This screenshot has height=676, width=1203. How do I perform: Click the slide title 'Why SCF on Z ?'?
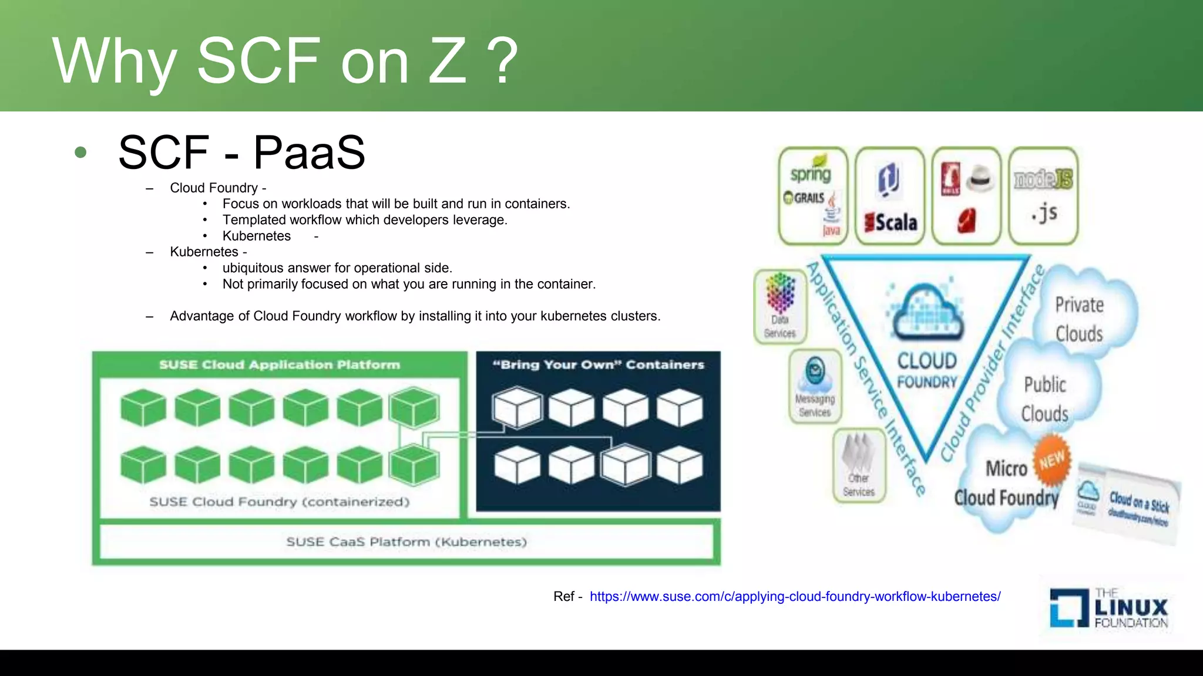click(285, 61)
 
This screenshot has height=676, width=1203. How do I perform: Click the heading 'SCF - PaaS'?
click(241, 153)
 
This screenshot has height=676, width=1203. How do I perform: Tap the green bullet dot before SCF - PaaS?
click(81, 153)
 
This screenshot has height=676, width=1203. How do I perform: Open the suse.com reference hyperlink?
click(795, 596)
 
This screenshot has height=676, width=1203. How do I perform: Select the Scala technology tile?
click(890, 197)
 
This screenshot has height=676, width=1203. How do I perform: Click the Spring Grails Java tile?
click(813, 197)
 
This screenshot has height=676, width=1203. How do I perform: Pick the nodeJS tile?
click(1043, 197)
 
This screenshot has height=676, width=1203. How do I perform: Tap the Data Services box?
click(780, 307)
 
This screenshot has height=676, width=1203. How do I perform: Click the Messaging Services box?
click(815, 386)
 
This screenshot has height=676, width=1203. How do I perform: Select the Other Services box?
click(859, 465)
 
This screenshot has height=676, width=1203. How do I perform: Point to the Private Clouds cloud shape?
click(1080, 319)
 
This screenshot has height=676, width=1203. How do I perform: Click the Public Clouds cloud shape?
click(1044, 399)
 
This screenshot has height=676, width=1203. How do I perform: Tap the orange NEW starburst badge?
click(1051, 460)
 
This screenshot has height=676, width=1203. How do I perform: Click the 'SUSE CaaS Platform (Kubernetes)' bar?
click(406, 542)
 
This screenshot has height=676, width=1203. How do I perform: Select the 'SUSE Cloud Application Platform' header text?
click(280, 364)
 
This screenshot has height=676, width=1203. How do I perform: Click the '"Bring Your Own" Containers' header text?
click(598, 364)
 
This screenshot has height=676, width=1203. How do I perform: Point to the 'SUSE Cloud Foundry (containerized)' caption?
click(280, 502)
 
